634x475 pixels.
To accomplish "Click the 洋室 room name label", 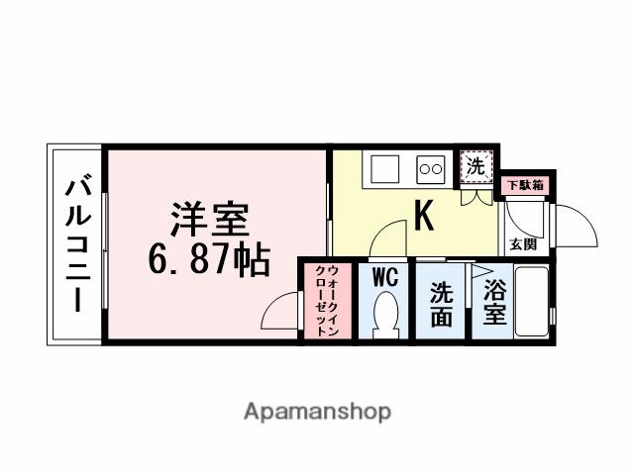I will [x=206, y=218].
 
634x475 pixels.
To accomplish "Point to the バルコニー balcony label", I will [x=76, y=244].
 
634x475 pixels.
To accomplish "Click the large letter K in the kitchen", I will [x=423, y=215].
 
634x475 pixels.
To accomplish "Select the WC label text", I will [x=384, y=278].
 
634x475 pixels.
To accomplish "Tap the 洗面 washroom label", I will [x=442, y=305].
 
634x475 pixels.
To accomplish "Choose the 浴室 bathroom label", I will [x=494, y=304].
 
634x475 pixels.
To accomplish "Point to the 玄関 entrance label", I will [x=523, y=242].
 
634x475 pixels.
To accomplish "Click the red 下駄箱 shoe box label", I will [x=525, y=185].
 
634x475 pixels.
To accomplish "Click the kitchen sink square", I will [x=384, y=168].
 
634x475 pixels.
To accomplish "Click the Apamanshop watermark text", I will [x=317, y=411].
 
